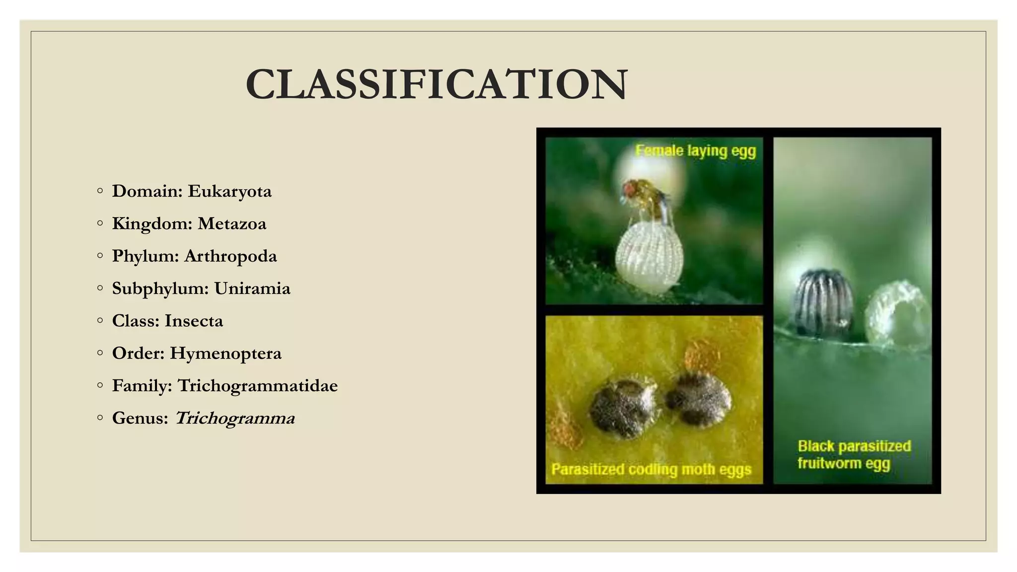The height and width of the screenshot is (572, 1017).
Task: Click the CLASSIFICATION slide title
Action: (x=436, y=84)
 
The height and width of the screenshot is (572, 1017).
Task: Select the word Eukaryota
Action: (x=229, y=191)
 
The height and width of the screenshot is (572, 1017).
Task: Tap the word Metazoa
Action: (x=232, y=224)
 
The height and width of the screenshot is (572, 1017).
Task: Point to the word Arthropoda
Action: (x=230, y=256)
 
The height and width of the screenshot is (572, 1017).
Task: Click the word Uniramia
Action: (x=252, y=288)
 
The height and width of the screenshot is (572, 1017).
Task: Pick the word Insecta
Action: (x=194, y=321)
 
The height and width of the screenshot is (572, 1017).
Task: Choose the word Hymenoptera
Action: (x=225, y=353)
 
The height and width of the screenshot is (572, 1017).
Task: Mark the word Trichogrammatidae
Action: (x=258, y=386)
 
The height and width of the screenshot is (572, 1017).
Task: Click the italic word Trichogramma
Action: (x=235, y=418)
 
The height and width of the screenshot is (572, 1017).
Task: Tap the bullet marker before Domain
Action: (x=100, y=191)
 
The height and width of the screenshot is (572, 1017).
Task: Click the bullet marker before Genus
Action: (x=100, y=418)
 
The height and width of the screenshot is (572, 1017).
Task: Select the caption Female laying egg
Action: (x=696, y=150)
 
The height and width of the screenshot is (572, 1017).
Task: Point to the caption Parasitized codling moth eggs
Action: (x=651, y=469)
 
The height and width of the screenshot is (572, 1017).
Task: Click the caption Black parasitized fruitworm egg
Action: (x=854, y=454)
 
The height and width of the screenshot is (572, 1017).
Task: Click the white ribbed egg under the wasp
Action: (x=649, y=257)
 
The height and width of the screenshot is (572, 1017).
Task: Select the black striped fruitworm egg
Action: (x=824, y=302)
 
